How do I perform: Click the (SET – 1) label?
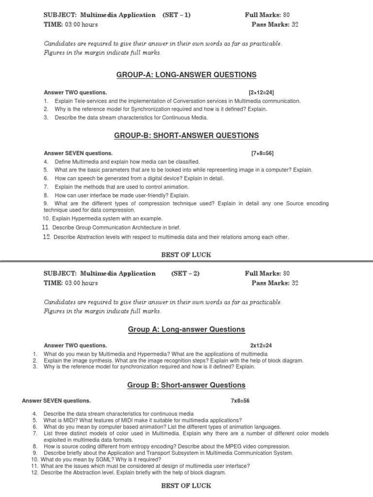[x=177, y=15]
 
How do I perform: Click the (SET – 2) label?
[x=185, y=274]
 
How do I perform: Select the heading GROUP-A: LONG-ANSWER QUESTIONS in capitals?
[x=186, y=75]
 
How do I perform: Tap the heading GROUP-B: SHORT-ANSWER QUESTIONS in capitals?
[x=186, y=136]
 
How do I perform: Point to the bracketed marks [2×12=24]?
[x=261, y=92]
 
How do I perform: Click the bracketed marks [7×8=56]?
[x=262, y=153]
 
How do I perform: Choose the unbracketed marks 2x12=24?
[x=261, y=346]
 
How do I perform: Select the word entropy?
[x=142, y=446]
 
